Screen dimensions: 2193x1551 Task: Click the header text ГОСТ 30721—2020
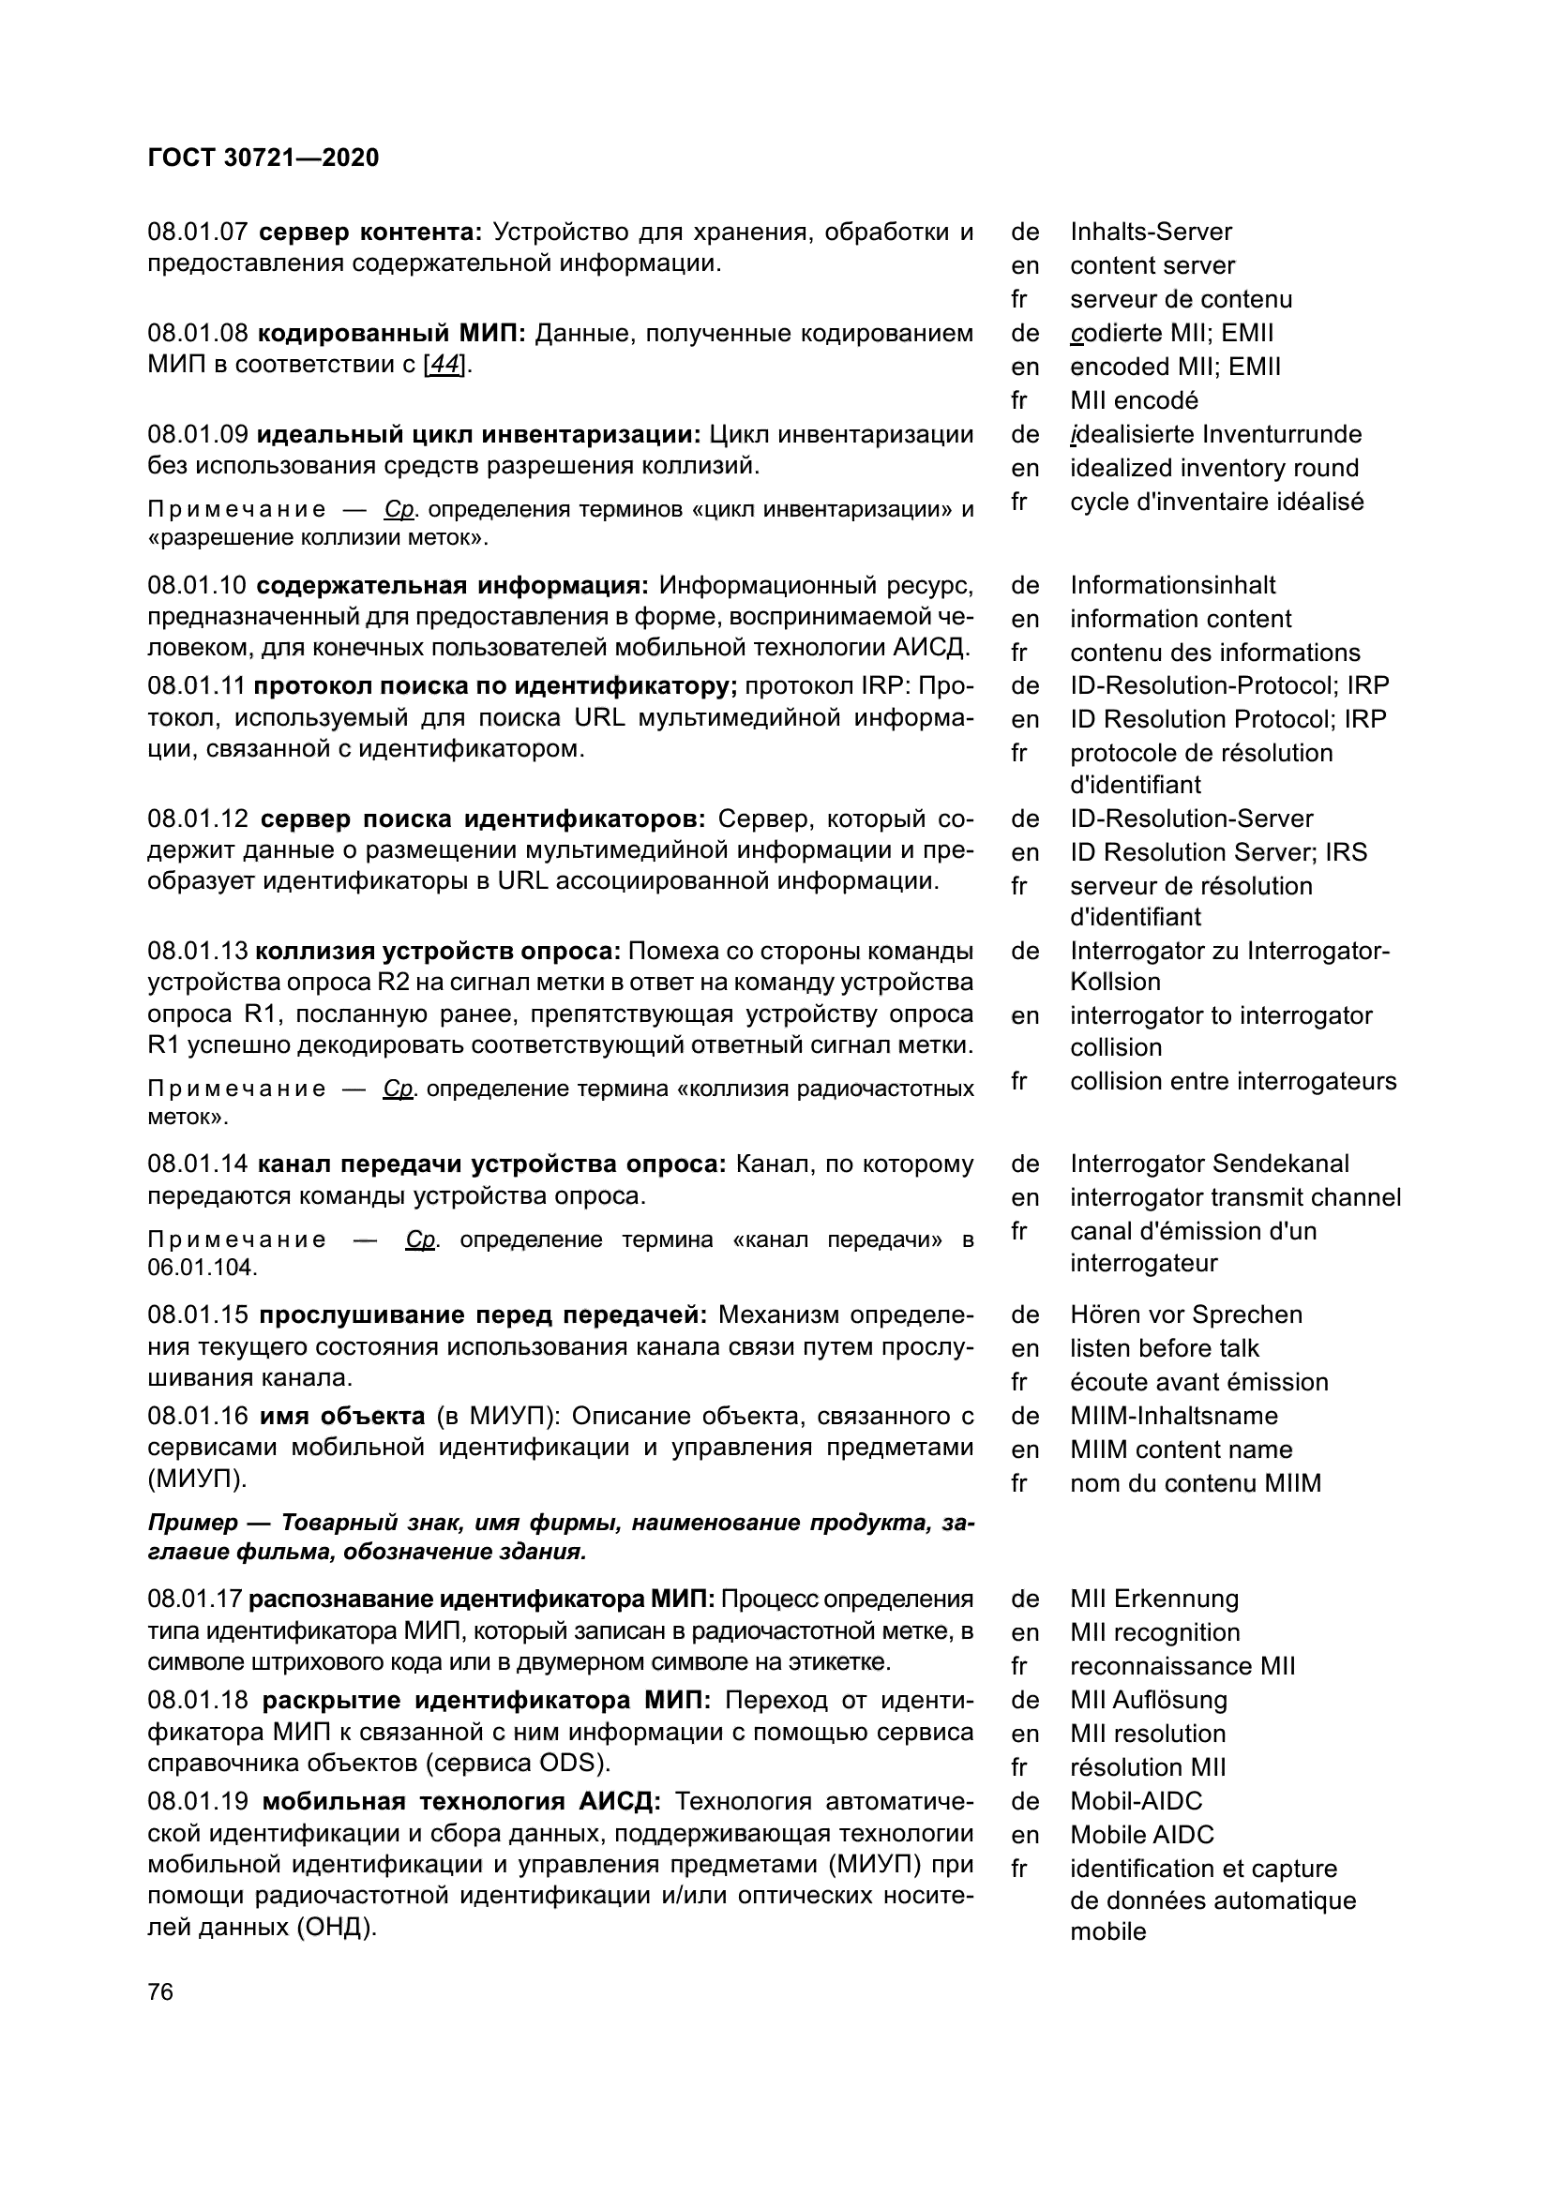point(264,158)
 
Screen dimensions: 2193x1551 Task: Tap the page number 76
point(160,1991)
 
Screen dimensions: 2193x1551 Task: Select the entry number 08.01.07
point(197,233)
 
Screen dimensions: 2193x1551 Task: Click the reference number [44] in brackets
point(446,365)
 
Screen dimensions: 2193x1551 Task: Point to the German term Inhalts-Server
point(1151,233)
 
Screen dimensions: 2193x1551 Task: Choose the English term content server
point(1152,265)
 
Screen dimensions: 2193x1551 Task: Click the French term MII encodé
point(1134,400)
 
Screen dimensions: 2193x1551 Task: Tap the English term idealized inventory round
point(1213,468)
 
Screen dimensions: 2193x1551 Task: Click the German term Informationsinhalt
point(1172,584)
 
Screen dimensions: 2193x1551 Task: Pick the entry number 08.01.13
point(197,952)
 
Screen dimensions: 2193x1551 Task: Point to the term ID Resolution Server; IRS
point(1218,852)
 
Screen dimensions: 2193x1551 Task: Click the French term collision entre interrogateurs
point(1233,1081)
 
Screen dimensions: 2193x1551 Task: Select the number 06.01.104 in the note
point(203,1268)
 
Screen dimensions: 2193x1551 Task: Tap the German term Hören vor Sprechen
point(1185,1314)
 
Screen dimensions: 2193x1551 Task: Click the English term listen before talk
point(1165,1347)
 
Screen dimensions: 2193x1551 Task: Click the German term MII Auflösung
point(1148,1699)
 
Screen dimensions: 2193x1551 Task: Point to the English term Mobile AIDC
point(1141,1834)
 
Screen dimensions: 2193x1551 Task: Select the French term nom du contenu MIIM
point(1195,1482)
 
